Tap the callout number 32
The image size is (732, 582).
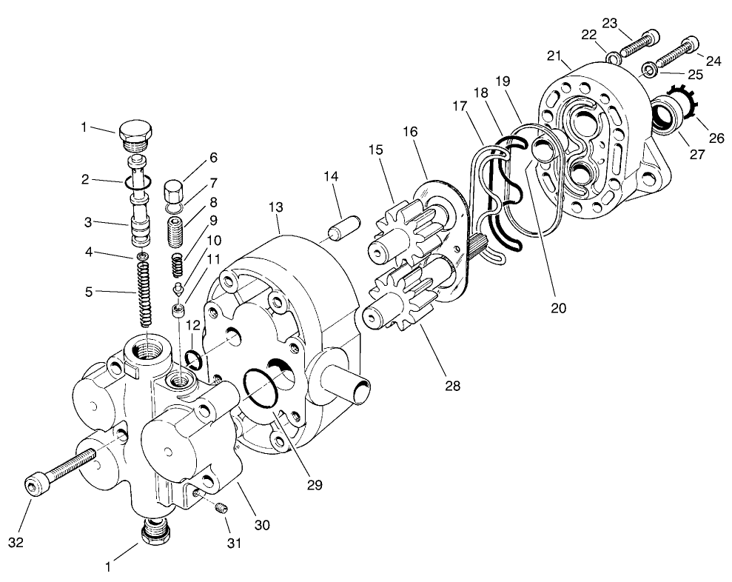(x=16, y=542)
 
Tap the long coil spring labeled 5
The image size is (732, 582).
(x=145, y=293)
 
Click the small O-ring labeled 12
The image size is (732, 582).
(x=195, y=360)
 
